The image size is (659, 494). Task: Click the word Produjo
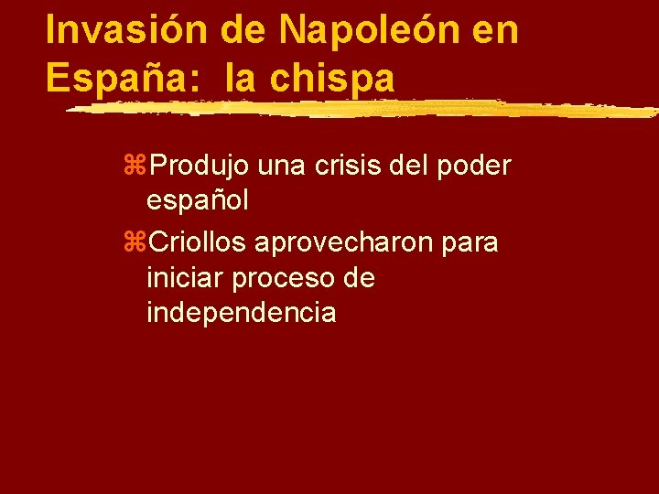tap(199, 166)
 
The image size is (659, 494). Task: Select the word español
tap(197, 202)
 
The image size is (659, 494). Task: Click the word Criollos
tap(197, 242)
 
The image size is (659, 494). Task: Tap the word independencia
tap(241, 313)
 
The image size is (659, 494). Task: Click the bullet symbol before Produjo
tap(139, 167)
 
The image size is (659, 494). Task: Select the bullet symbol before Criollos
tap(139, 243)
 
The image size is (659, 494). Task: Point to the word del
tap(413, 166)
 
